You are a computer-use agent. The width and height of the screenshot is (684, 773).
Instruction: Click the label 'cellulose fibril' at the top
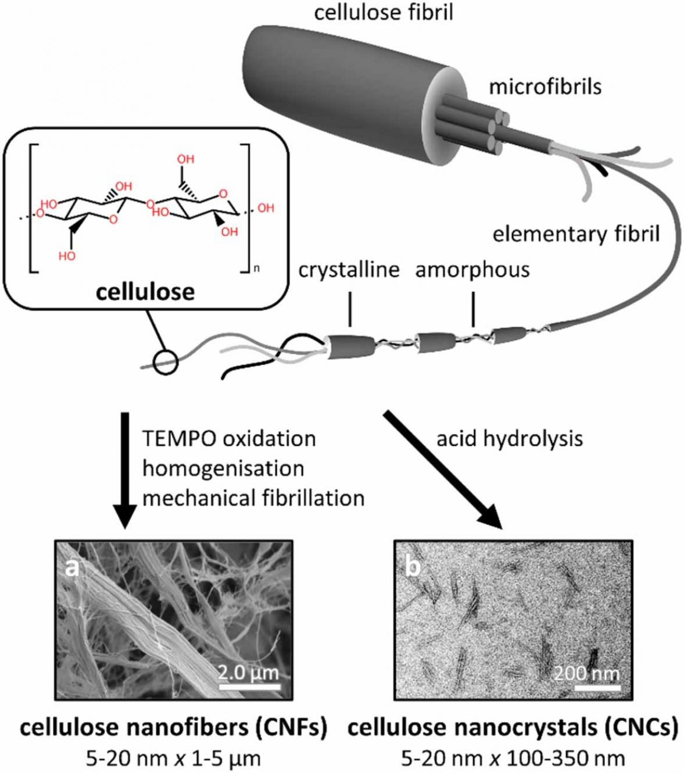[x=384, y=12]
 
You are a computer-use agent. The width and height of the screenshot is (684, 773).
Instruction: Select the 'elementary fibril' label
[x=576, y=234]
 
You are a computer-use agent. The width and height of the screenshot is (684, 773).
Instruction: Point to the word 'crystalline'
[x=349, y=270]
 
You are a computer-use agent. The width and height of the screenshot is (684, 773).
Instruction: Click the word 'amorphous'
[x=472, y=270]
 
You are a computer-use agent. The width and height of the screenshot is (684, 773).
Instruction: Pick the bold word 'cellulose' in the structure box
[x=145, y=291]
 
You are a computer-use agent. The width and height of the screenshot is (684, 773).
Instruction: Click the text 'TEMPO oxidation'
[x=229, y=438]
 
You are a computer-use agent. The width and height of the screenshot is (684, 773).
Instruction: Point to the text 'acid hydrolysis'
[x=510, y=438]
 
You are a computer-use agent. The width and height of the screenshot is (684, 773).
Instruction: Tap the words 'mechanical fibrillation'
[x=253, y=498]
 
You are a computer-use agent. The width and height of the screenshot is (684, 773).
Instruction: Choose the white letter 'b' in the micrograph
[x=412, y=567]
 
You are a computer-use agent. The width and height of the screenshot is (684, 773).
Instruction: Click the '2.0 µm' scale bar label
[x=249, y=673]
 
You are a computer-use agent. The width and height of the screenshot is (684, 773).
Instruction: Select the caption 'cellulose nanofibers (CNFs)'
[x=173, y=728]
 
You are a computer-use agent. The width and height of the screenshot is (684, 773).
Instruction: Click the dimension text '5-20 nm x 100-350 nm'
[x=513, y=758]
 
